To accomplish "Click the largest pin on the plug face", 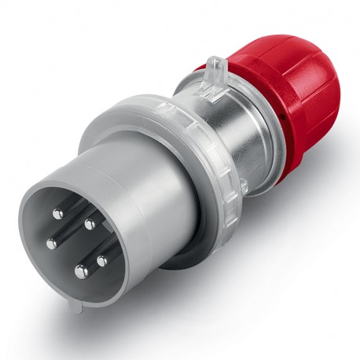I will click(81, 272).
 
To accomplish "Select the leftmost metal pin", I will click(50, 243).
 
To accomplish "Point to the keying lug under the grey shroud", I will click(72, 330).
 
